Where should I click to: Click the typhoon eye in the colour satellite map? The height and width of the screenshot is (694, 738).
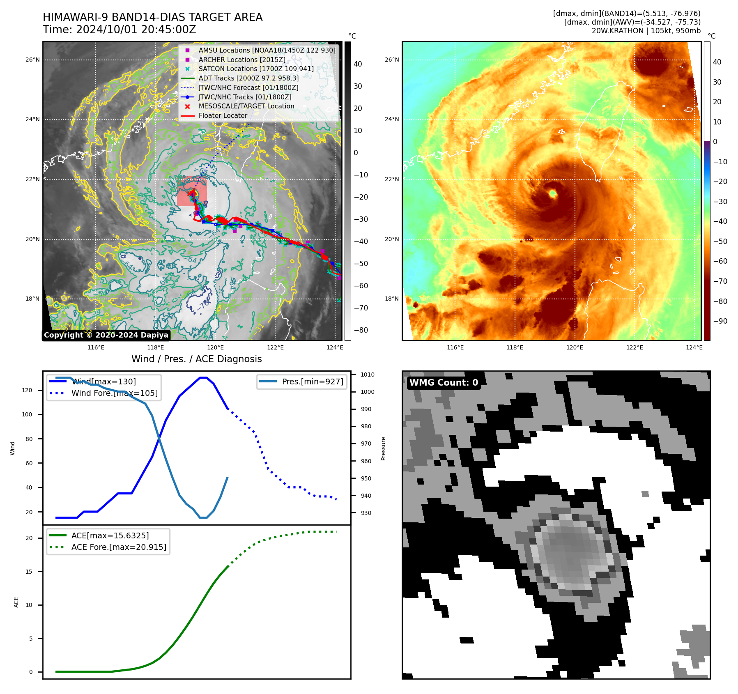(x=552, y=193)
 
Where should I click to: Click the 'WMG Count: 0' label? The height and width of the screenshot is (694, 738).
(x=444, y=383)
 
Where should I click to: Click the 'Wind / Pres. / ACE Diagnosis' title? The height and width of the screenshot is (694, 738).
(x=196, y=359)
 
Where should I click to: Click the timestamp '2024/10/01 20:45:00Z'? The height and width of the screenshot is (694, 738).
(x=136, y=30)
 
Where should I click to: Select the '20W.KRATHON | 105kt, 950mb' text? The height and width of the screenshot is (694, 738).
(x=646, y=31)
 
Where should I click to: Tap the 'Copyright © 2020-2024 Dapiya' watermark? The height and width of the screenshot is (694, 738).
(x=106, y=335)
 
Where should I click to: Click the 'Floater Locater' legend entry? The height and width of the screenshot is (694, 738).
(x=223, y=115)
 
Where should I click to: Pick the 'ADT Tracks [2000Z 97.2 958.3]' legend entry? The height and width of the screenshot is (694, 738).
(x=248, y=78)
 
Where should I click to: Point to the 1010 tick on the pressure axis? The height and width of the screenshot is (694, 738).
(x=368, y=375)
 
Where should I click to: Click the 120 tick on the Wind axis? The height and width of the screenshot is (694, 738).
(x=27, y=390)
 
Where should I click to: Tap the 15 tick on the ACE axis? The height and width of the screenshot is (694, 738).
(x=29, y=572)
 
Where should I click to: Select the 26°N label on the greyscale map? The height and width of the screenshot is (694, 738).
(x=33, y=60)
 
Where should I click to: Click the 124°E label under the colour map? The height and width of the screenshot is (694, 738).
(x=694, y=347)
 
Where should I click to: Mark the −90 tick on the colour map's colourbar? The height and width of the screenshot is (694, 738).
(x=720, y=321)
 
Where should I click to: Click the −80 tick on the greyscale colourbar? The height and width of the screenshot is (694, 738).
(x=361, y=330)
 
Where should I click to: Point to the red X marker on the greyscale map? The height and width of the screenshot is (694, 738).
(x=190, y=193)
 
